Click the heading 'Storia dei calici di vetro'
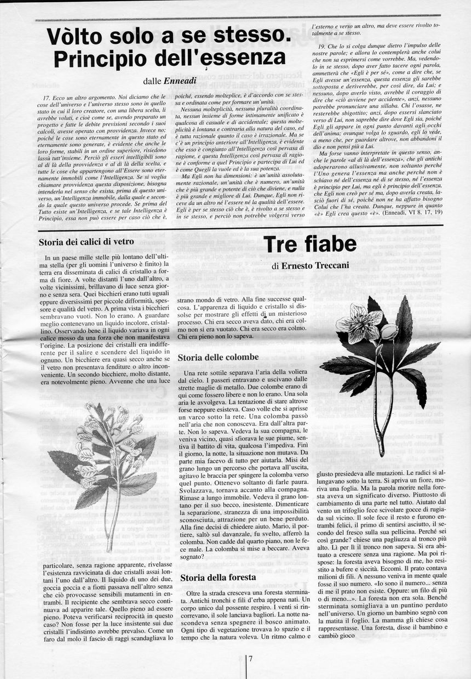pyautogui.click(x=87, y=242)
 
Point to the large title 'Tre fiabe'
pyautogui.click(x=310, y=245)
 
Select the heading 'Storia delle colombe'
pyautogui.click(x=218, y=358)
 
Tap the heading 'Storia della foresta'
pyautogui.click(x=218, y=577)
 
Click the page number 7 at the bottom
pyautogui.click(x=250, y=659)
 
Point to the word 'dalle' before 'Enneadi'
pyautogui.click(x=152, y=81)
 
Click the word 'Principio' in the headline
pyautogui.click(x=107, y=58)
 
